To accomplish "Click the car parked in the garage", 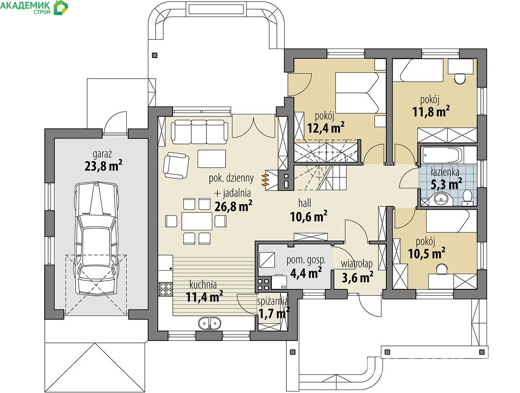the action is (x=96, y=238).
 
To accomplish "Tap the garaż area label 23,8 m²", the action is (x=104, y=166).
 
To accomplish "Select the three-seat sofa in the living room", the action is (x=200, y=131).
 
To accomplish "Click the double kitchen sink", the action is (x=209, y=323).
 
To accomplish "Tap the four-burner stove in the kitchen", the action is (x=166, y=288).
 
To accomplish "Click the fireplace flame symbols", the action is (x=265, y=180).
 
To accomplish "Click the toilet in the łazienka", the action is (x=467, y=196).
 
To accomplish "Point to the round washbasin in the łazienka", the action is (x=441, y=198).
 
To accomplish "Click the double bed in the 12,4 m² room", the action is (x=356, y=92).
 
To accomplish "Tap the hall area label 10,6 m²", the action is (x=309, y=217).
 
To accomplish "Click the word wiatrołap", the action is (x=357, y=264).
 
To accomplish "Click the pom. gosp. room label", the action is (x=306, y=261).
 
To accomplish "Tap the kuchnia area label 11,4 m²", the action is (x=204, y=297).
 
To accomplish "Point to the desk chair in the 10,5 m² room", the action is (x=441, y=269).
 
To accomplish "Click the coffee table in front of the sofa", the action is (x=212, y=159).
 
